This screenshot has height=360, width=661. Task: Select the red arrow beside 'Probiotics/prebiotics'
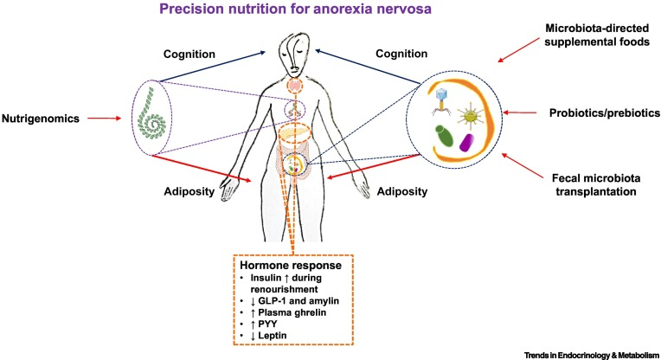523,112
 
